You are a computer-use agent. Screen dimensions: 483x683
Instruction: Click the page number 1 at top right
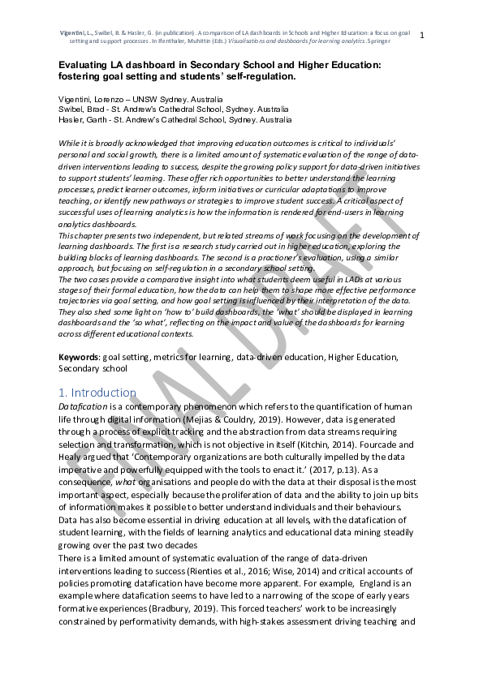tap(420, 34)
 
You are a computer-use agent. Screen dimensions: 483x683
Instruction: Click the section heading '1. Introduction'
tap(97, 393)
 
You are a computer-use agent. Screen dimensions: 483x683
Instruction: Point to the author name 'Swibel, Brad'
tap(82, 109)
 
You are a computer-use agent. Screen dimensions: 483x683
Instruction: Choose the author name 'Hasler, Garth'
tap(84, 118)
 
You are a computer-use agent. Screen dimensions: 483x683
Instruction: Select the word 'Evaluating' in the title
tap(87, 64)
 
